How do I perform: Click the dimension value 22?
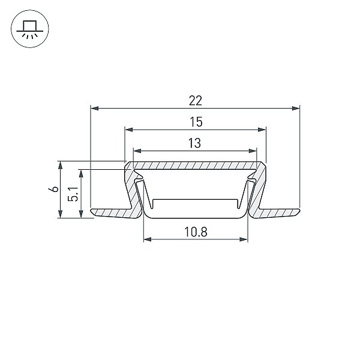click(196, 101)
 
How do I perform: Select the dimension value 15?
click(196, 122)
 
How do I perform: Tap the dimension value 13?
click(194, 143)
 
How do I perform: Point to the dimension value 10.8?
click(196, 232)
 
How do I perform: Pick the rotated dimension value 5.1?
click(73, 194)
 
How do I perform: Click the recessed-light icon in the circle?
click(30, 29)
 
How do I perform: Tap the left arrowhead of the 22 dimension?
click(95, 108)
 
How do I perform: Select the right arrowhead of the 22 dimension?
click(296, 108)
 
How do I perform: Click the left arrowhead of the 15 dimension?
click(129, 130)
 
